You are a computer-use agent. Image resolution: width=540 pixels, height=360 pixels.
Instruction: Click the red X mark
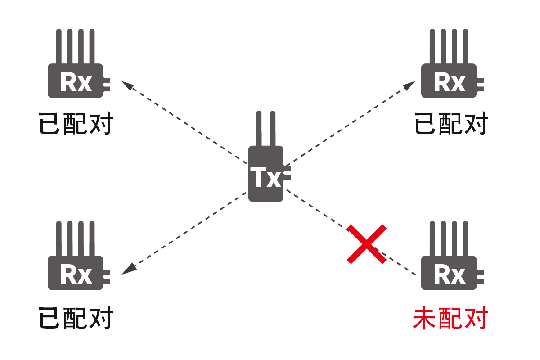(x=367, y=243)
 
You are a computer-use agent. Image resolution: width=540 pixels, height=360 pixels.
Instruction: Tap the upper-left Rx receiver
(x=76, y=81)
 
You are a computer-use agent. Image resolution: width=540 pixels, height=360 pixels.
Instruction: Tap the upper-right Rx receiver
(x=449, y=81)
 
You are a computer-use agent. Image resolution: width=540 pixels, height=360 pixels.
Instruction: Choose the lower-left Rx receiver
(x=76, y=273)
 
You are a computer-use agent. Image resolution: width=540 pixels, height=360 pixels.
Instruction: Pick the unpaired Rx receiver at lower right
(x=449, y=273)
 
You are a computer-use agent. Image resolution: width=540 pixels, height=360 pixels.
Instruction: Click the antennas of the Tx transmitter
(x=265, y=128)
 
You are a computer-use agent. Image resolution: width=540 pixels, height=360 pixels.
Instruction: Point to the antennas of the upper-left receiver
(x=76, y=46)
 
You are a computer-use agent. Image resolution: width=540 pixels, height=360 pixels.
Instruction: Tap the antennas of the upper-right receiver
(x=449, y=46)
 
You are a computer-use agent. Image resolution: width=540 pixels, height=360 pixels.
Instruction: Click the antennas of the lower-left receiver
(x=76, y=238)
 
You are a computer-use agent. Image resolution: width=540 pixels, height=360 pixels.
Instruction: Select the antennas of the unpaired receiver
(x=449, y=238)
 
